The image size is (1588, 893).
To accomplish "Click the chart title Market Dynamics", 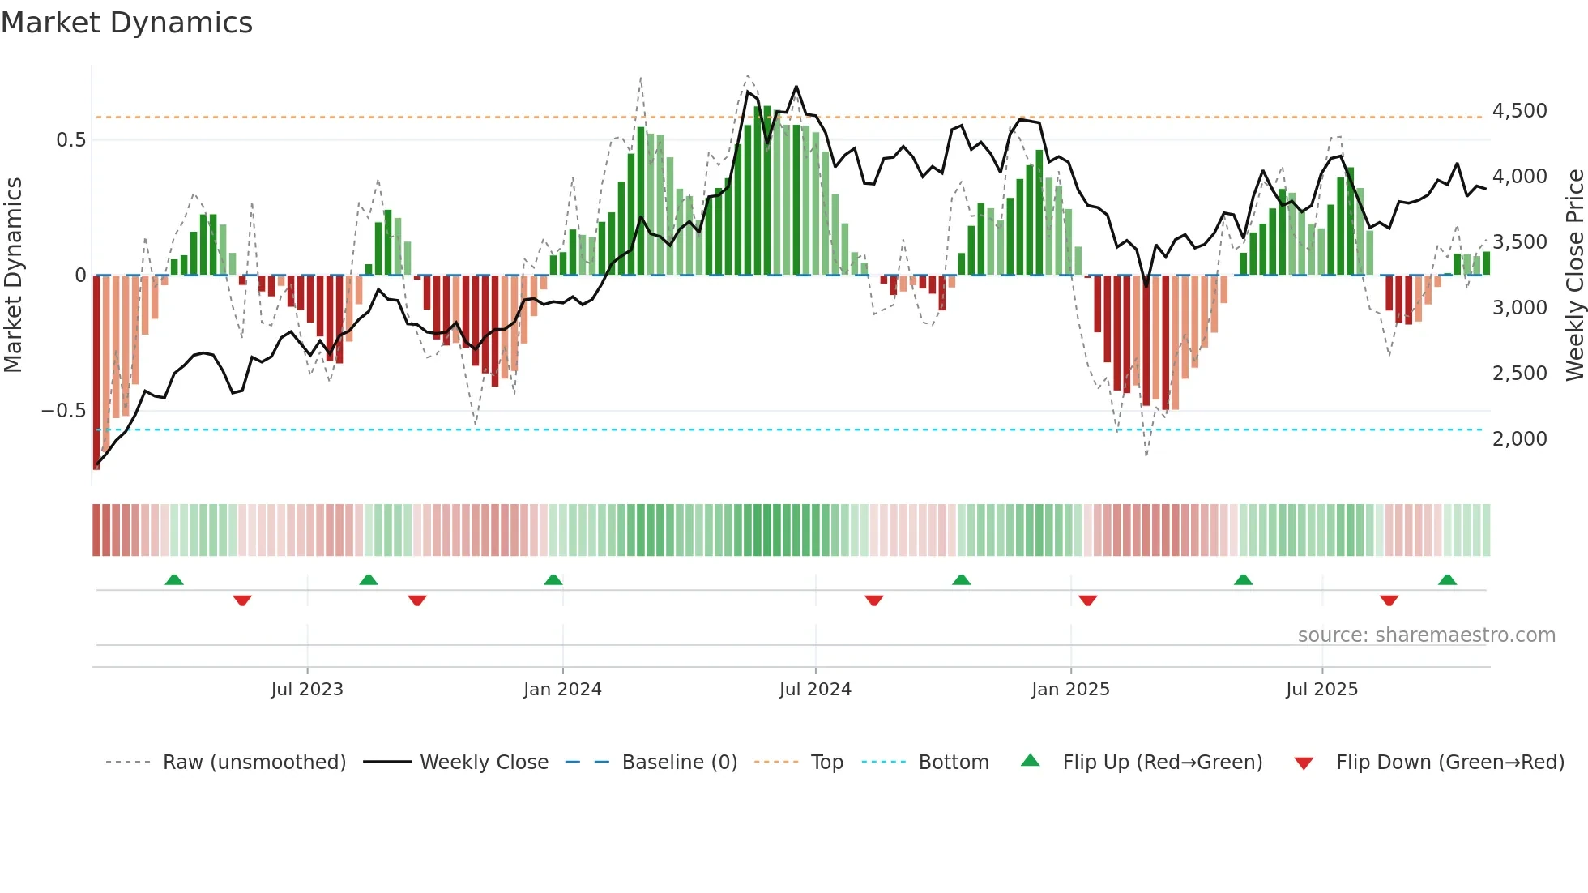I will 126,23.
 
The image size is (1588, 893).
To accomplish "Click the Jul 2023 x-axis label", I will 307,690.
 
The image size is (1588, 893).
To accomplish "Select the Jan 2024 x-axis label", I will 562,690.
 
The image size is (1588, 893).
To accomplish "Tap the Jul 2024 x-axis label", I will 815,690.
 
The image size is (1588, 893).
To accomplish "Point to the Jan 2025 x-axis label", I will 1070,690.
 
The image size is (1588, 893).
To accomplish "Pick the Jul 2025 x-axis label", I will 1321,690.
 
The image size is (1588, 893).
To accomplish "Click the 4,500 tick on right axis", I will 1519,111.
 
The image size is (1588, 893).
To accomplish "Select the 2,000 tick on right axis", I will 1519,439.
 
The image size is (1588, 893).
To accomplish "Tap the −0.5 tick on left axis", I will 64,411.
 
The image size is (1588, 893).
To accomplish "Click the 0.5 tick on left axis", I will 70,140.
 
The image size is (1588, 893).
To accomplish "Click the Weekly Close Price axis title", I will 1574,275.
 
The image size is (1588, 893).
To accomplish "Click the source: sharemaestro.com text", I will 1426,635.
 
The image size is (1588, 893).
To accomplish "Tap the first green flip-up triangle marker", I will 174,579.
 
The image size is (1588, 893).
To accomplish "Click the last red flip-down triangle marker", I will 1389,600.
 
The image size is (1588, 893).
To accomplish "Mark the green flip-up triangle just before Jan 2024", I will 553,579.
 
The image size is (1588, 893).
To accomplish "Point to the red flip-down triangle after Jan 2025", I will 1087,600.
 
